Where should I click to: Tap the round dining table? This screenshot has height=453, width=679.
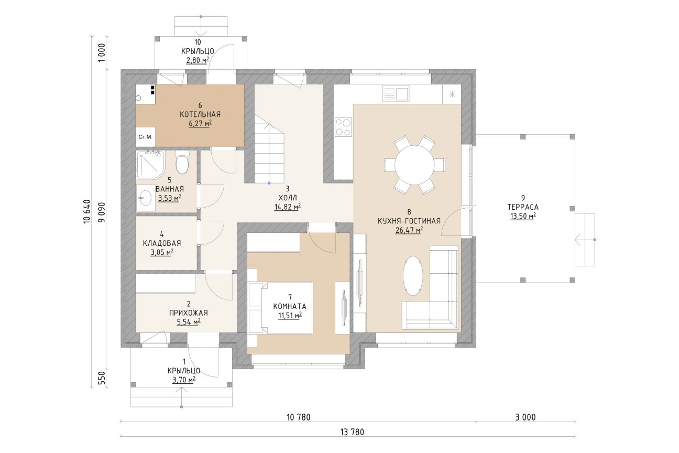click(414, 165)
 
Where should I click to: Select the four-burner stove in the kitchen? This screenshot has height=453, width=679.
click(343, 127)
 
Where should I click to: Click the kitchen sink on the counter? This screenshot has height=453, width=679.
click(396, 93)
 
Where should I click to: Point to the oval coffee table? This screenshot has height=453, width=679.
click(412, 275)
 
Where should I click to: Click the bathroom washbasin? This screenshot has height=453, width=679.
click(146, 198)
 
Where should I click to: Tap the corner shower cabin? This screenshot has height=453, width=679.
click(151, 165)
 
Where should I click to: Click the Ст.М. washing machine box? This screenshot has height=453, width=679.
click(146, 137)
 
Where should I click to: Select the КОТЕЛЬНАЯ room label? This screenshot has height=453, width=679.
click(200, 114)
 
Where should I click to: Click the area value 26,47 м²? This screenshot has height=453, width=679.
click(409, 230)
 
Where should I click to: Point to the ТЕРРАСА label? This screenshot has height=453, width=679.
click(523, 207)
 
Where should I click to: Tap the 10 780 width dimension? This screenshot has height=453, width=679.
click(298, 417)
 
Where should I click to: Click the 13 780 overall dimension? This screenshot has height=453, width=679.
click(352, 432)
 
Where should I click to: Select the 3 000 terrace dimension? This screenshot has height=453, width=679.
click(525, 417)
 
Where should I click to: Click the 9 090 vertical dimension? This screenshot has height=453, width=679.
click(103, 212)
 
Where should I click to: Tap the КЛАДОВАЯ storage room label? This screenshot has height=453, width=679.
click(162, 243)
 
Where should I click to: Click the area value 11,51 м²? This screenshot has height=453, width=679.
click(290, 316)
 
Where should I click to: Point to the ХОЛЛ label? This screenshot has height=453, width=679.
click(287, 198)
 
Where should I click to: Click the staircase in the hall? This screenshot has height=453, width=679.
click(269, 149)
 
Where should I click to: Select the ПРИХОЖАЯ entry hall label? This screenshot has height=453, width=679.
click(189, 312)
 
